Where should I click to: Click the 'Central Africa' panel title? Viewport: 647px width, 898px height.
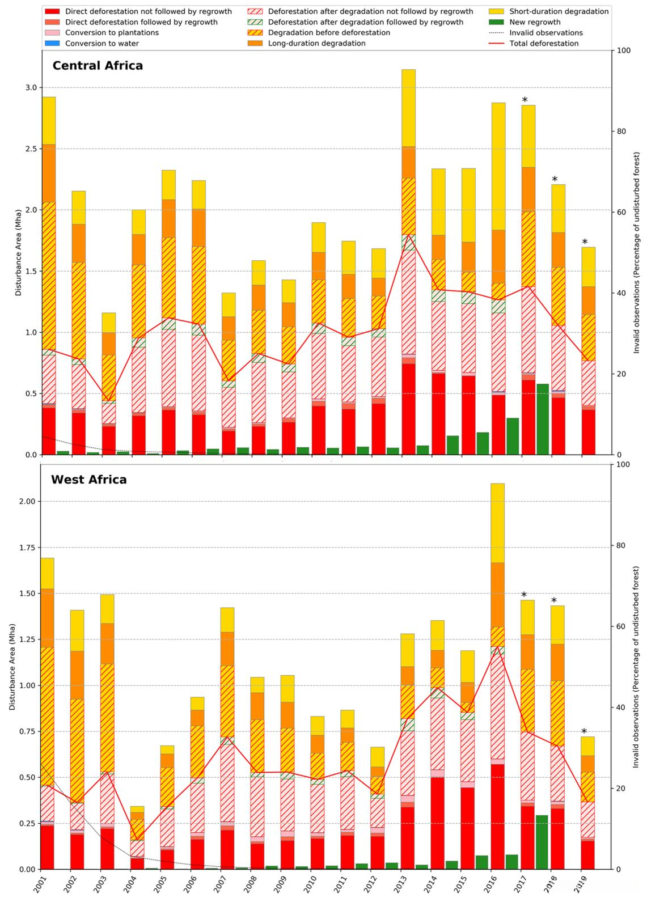click(98, 66)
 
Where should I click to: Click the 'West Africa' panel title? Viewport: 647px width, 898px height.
click(89, 480)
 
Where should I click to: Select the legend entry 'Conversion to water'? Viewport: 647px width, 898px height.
click(102, 43)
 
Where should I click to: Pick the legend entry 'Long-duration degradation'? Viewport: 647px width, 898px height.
click(316, 43)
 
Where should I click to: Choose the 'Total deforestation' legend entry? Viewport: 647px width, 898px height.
click(544, 43)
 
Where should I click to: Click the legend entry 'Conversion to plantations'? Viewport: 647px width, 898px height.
click(112, 32)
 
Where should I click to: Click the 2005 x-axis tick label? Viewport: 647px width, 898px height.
click(158, 884)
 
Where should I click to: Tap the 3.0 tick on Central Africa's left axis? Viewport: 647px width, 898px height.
click(31, 88)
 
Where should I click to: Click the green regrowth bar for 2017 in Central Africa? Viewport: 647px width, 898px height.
click(543, 419)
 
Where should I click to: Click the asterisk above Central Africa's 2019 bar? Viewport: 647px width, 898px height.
click(585, 242)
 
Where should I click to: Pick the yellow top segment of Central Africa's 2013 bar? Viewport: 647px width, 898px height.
click(408, 108)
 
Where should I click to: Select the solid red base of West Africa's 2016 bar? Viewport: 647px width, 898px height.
click(498, 816)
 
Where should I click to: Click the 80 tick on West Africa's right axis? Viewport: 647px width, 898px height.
click(622, 545)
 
